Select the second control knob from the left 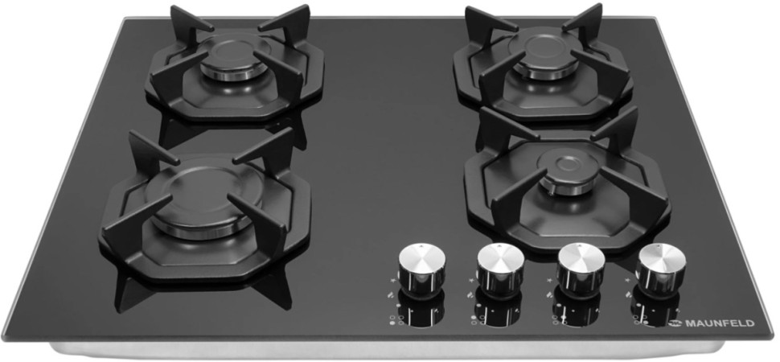coord(500,269)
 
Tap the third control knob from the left coord(581,269)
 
